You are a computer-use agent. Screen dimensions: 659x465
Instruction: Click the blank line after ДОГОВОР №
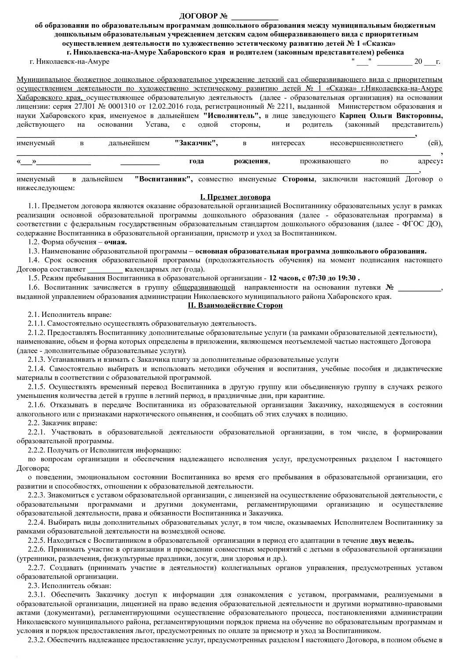[254, 18]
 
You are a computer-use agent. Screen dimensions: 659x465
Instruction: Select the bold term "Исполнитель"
[232, 116]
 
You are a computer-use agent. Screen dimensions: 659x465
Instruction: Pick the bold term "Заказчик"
[196, 143]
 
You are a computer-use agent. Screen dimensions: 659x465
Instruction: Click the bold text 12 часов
[284, 278]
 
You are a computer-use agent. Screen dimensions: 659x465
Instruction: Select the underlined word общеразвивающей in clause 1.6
[204, 287]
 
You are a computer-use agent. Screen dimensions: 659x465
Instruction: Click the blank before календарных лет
[105, 269]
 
